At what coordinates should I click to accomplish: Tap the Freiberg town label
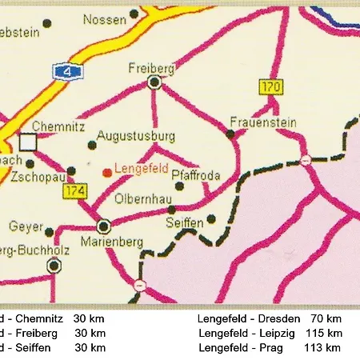tap(146, 69)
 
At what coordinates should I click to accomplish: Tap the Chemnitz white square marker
tap(29, 142)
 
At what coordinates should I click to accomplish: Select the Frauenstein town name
tap(263, 122)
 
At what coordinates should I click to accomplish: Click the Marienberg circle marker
tap(104, 226)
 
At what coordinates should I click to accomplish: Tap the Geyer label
tap(26, 226)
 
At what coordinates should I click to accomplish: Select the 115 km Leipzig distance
tap(324, 333)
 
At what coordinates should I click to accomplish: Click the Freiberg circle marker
tap(155, 82)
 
